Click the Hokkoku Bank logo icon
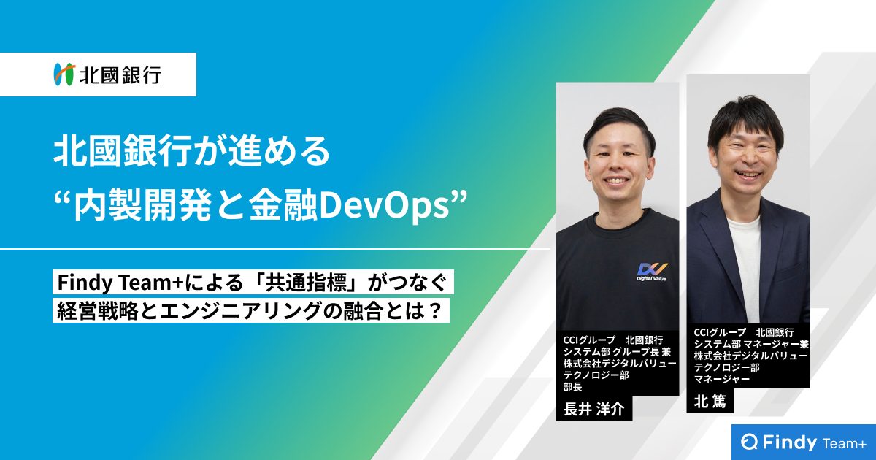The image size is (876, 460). click(x=64, y=74)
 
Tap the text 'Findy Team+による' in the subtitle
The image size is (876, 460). click(x=150, y=283)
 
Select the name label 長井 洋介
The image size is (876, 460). click(x=594, y=409)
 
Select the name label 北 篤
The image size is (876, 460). click(x=710, y=402)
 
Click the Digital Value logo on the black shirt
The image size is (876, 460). click(x=651, y=272)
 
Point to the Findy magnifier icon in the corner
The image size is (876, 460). click(x=750, y=442)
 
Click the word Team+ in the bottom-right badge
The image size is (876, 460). click(x=845, y=444)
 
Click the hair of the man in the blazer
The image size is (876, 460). click(x=745, y=119)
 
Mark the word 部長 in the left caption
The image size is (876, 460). click(x=573, y=387)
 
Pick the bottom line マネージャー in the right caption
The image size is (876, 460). click(x=716, y=379)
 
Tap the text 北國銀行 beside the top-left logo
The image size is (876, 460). click(x=120, y=74)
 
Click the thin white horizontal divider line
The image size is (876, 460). click(x=275, y=249)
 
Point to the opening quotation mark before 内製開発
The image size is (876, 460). click(x=63, y=198)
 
